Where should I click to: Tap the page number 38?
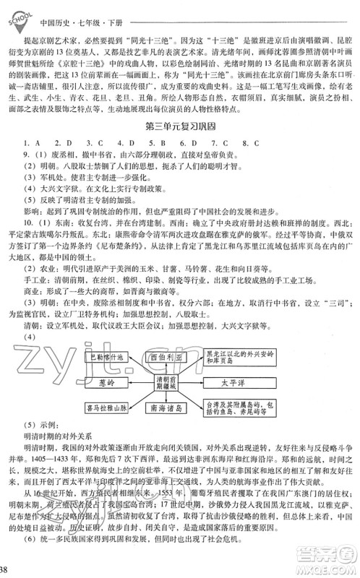[x=5, y=569]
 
